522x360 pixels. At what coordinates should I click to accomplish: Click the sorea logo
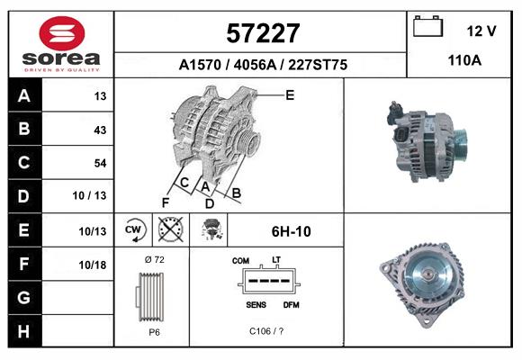[x=61, y=43]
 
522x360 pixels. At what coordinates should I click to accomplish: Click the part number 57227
[x=261, y=33]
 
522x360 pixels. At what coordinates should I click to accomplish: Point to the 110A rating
[x=463, y=60]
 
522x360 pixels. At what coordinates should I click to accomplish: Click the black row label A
[x=23, y=96]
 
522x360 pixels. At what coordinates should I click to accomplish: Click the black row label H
[x=23, y=330]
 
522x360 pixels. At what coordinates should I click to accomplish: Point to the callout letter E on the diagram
[x=290, y=94]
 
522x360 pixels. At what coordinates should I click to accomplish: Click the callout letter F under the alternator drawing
[x=166, y=202]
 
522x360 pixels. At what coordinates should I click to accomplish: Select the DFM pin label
[x=291, y=304]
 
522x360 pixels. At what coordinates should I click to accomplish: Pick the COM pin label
[x=240, y=261]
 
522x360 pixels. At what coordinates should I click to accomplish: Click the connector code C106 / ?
[x=266, y=330]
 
